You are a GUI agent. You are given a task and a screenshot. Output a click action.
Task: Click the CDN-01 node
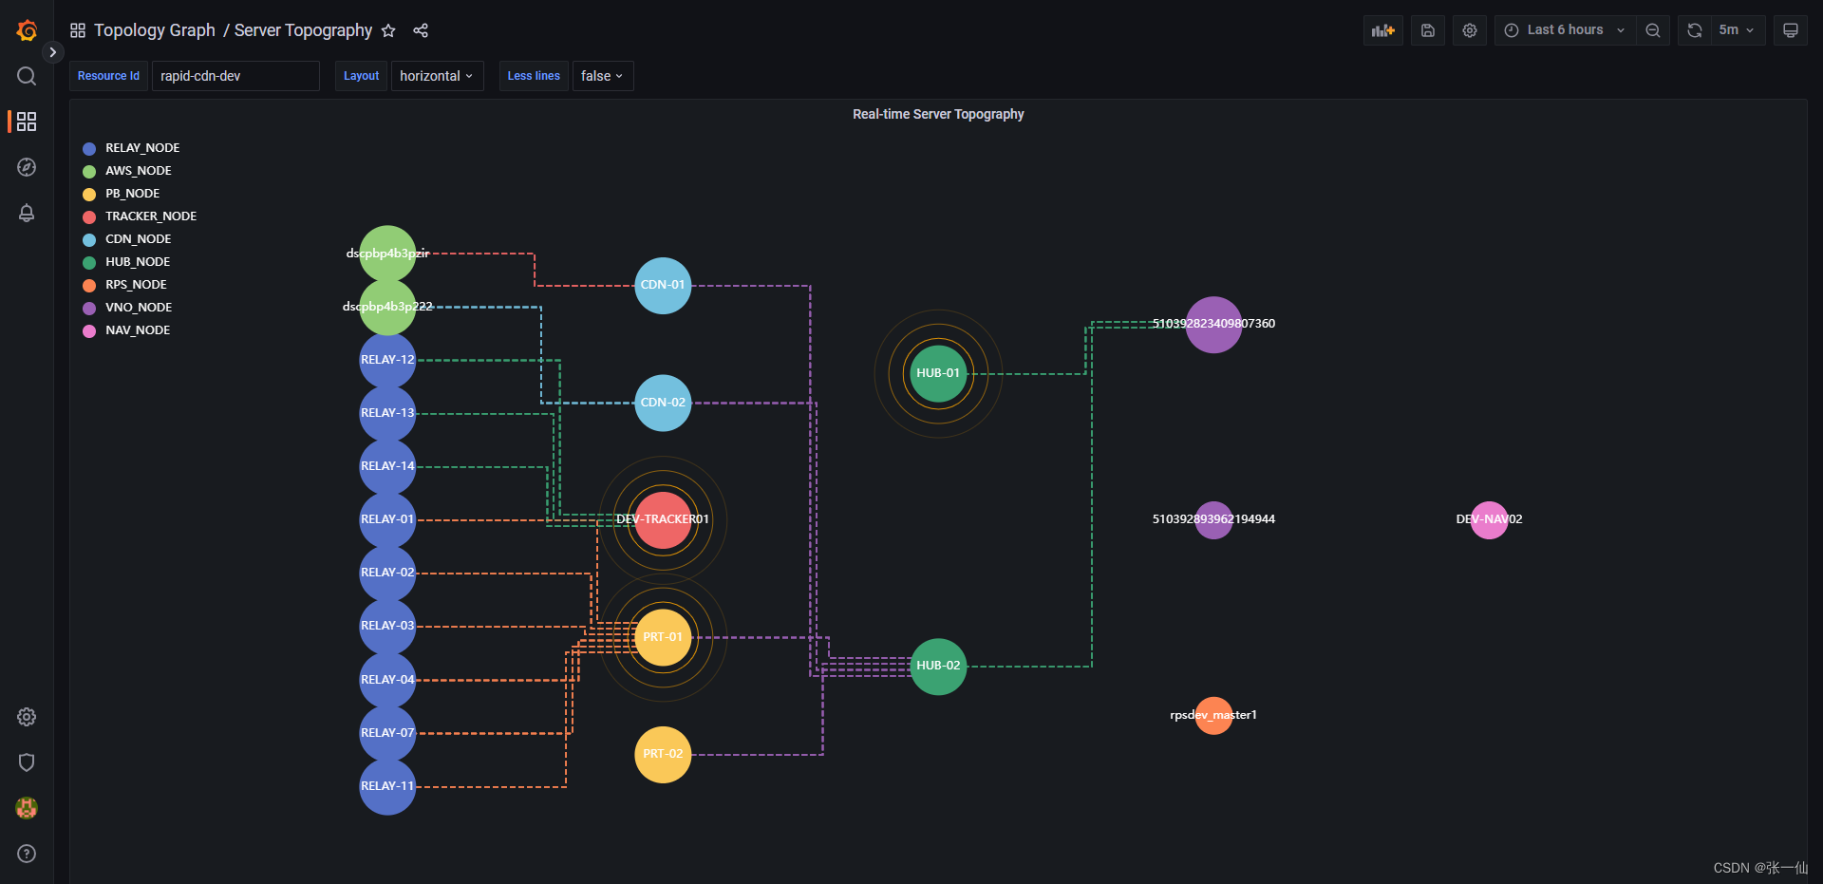pos(663,286)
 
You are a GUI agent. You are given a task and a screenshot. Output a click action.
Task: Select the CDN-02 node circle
pos(663,403)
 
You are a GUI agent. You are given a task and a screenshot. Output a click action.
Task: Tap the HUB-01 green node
pos(938,373)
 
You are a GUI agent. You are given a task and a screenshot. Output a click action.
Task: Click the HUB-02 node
pos(938,666)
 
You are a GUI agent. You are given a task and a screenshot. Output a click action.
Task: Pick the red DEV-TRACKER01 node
pos(663,519)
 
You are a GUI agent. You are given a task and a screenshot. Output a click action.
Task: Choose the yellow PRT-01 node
pos(663,637)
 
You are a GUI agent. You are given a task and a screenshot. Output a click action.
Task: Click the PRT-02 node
pos(663,754)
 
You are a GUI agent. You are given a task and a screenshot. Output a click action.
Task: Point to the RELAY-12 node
pos(387,360)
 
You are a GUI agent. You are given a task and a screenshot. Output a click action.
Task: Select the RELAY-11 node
pos(387,786)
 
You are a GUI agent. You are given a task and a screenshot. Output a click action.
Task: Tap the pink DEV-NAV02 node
pos(1489,519)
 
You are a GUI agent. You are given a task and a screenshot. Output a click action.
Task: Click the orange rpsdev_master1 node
pos(1213,715)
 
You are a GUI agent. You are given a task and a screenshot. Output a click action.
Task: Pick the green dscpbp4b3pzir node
pos(387,254)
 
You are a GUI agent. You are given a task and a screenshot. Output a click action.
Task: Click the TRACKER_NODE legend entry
pos(150,216)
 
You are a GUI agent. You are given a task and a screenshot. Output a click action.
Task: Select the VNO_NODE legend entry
pos(139,308)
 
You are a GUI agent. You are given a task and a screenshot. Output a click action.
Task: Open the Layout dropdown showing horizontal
pos(437,76)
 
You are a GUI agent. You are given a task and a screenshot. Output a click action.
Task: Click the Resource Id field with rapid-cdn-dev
pos(235,76)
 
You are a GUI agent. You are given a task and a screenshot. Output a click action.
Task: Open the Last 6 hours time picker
pos(1565,30)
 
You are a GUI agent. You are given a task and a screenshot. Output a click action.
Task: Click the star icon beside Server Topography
pos(388,30)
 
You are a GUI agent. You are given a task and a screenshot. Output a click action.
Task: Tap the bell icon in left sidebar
pos(27,213)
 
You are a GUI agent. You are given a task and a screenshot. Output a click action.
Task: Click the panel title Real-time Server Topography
pos(938,114)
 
